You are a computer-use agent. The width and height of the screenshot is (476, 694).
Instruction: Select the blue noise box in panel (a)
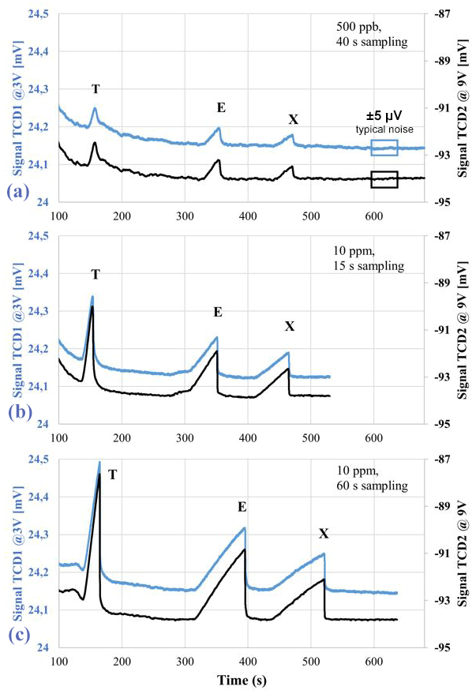pos(384,147)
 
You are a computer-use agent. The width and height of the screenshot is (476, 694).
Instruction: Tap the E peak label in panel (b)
pos(218,313)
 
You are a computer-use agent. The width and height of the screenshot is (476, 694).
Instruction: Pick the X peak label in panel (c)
pos(324,535)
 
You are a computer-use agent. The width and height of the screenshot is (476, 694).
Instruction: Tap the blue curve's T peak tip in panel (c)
pos(99,462)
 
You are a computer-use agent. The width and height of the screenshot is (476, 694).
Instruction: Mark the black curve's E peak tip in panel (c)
pos(245,550)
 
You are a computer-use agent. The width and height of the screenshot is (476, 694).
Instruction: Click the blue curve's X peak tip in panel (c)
pos(324,553)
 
